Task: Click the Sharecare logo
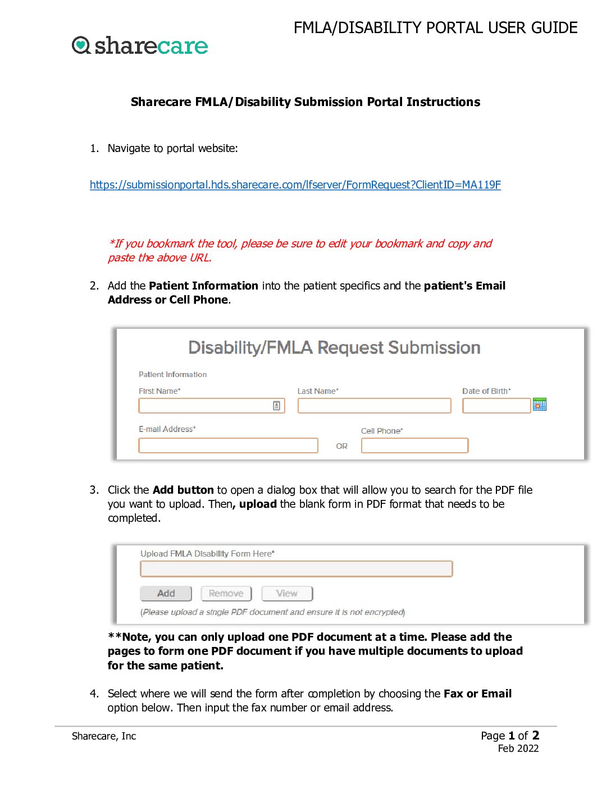click(x=140, y=45)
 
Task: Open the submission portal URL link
click(x=295, y=185)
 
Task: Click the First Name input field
click(x=205, y=406)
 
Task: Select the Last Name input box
click(x=374, y=406)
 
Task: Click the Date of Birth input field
click(x=496, y=406)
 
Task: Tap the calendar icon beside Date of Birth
click(x=540, y=405)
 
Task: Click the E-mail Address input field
click(x=228, y=445)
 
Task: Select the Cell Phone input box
click(x=414, y=445)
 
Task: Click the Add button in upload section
click(x=166, y=594)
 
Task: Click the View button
click(x=286, y=594)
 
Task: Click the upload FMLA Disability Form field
click(x=296, y=569)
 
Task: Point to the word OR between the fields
click(x=341, y=446)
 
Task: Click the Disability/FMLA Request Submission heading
click(x=334, y=348)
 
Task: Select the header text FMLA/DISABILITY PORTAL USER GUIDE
click(x=435, y=28)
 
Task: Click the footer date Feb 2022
click(x=518, y=748)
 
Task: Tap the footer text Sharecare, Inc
click(x=104, y=736)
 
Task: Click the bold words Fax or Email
click(x=477, y=693)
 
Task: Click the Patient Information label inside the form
click(x=172, y=374)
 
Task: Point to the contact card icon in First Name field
click(x=276, y=406)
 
